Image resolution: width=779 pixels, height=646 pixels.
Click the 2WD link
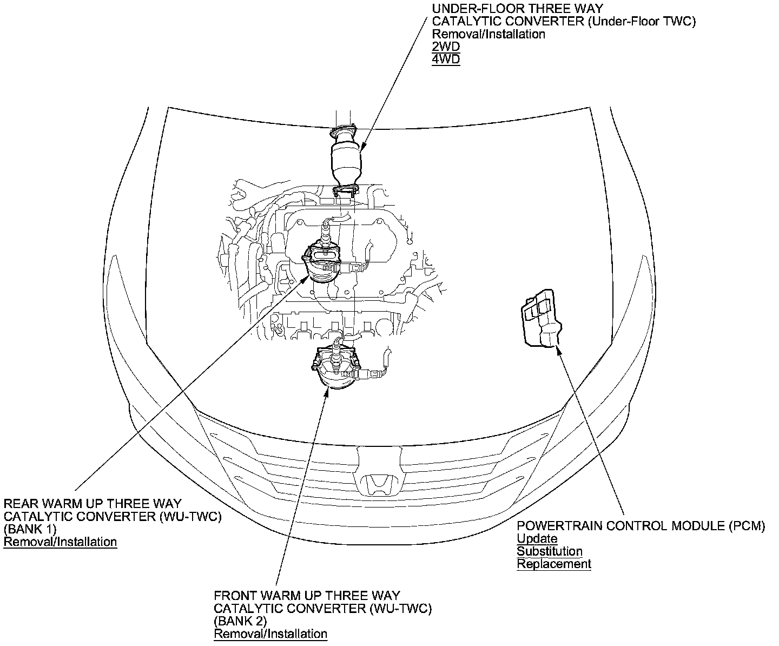pos(445,47)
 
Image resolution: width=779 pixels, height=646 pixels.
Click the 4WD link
pos(445,59)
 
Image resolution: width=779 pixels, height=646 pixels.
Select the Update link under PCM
pos(537,539)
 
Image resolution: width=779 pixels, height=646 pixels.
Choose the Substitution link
pos(549,551)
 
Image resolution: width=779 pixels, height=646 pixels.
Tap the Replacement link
pos(553,564)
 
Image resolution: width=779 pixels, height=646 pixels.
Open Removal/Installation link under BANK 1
pos(60,542)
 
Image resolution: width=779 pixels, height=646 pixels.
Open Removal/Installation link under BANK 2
pos(270,634)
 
